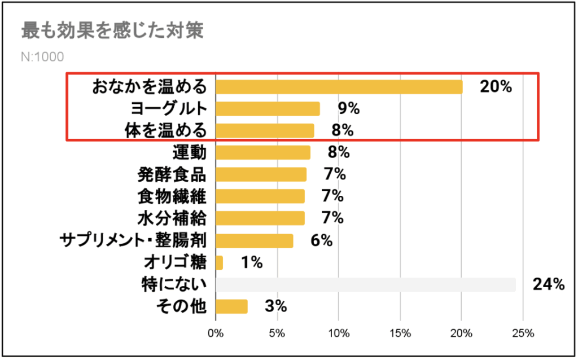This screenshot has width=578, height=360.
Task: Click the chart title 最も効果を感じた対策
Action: [x=112, y=30]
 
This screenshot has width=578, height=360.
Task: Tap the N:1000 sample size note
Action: [x=42, y=57]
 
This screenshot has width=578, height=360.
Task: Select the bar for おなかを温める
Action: [x=339, y=87]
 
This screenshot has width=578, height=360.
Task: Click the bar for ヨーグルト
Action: [x=268, y=108]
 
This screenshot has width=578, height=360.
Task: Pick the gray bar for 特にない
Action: [x=365, y=284]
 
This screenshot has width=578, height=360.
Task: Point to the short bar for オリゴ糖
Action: [x=219, y=262]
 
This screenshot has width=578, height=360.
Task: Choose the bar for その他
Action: [x=231, y=306]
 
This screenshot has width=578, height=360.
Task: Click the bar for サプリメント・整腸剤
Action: [x=254, y=240]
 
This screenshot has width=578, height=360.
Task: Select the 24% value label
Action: [x=548, y=284]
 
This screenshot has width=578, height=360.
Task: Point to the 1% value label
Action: [x=251, y=262]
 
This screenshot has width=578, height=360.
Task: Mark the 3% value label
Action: [x=275, y=306]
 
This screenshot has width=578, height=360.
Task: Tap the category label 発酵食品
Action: [x=172, y=174]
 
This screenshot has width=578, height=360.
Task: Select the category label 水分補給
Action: [x=172, y=218]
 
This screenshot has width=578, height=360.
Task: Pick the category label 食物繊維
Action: [x=172, y=196]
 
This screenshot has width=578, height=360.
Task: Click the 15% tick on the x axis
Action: [x=400, y=333]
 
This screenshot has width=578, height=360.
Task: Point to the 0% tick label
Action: [x=216, y=333]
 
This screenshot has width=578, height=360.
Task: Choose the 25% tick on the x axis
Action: [x=522, y=333]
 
